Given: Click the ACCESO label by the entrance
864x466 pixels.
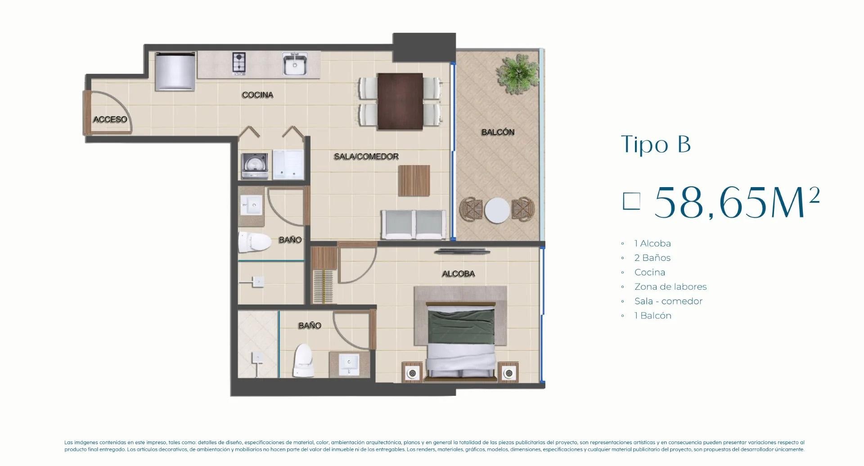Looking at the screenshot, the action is point(110,119).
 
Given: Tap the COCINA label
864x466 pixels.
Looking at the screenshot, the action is point(257,95).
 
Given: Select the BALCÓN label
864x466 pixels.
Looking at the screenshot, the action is point(498,132).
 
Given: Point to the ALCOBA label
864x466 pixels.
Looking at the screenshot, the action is point(458,273).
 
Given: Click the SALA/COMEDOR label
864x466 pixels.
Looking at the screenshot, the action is point(366,157).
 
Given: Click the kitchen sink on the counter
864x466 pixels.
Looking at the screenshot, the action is point(295,63).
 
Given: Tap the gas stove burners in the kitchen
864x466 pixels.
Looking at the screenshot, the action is point(239,63).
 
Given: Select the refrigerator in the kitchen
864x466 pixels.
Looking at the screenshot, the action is point(175,71).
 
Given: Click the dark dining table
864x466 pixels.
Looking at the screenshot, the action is point(400,101).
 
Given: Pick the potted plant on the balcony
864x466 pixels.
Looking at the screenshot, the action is point(517,74).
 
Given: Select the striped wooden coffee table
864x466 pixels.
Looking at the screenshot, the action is point(414,181).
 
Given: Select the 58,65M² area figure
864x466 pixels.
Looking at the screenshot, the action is point(737,202).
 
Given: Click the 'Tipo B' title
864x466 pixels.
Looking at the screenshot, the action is point(656,144).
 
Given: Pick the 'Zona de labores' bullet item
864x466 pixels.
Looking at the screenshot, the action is point(670,287).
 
